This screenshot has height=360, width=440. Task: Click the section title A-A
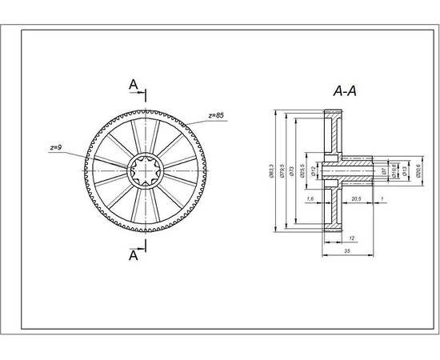tap(344, 91)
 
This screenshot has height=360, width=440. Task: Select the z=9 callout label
tap(56, 148)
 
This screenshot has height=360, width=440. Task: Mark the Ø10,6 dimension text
tap(394, 170)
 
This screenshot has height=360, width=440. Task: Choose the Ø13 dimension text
tap(406, 170)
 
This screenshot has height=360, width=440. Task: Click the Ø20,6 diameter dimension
tap(418, 170)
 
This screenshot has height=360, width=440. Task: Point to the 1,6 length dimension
tap(310, 198)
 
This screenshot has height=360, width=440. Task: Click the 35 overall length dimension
tap(349, 250)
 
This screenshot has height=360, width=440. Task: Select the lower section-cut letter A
tap(133, 256)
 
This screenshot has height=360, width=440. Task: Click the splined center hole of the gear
tap(146, 170)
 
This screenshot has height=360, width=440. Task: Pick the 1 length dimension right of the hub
tap(383, 198)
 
